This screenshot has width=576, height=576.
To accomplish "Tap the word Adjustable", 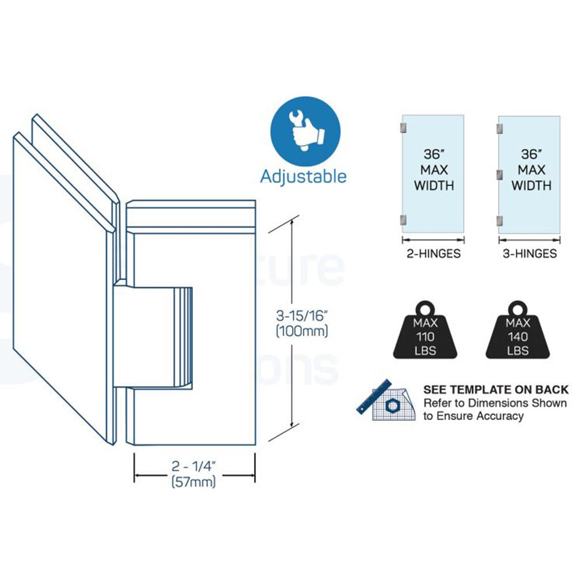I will [304, 175].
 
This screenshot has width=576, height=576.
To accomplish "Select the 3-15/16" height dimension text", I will [301, 316].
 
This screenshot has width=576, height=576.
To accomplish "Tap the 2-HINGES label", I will [434, 253].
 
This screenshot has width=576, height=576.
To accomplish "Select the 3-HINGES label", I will [529, 253].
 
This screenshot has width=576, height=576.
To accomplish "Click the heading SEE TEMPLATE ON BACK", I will [496, 390].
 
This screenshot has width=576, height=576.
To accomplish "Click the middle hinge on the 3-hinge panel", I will [501, 173].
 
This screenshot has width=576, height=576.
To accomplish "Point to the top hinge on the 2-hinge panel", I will [404, 127].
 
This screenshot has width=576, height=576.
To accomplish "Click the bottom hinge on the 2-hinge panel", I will [404, 219].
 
